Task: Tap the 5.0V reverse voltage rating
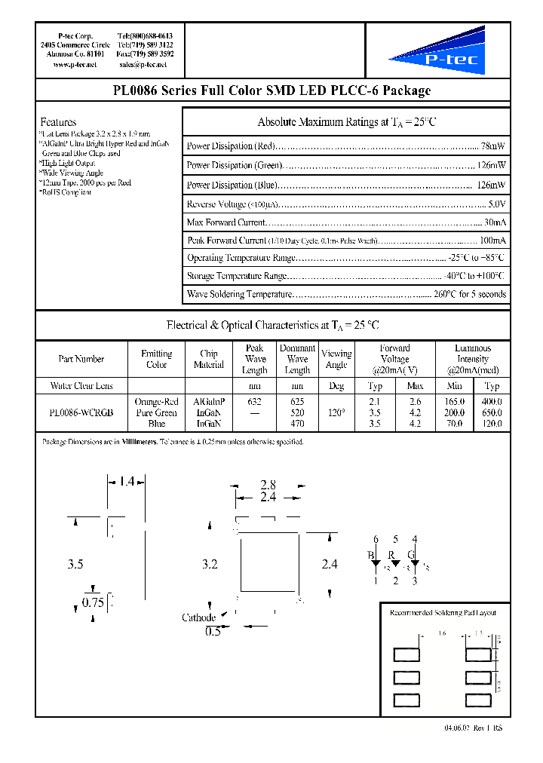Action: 497,204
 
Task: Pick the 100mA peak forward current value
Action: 492,241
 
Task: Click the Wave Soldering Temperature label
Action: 239,295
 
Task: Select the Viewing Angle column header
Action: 336,359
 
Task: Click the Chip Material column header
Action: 209,359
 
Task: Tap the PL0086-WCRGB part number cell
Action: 81,413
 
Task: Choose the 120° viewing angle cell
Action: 336,413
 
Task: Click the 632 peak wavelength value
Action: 255,402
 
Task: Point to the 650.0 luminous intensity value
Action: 492,413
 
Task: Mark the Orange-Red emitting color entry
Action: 156,402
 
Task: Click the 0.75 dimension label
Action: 94,602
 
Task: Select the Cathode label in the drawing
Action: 199,618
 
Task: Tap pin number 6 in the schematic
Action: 376,539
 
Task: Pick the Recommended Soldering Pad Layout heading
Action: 443,613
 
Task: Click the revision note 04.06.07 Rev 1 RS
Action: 468,727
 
